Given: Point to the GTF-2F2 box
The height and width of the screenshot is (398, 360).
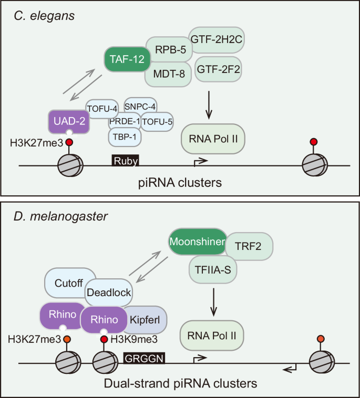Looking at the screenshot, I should click(219, 68).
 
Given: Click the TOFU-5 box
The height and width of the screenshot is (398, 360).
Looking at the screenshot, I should click(157, 122).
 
